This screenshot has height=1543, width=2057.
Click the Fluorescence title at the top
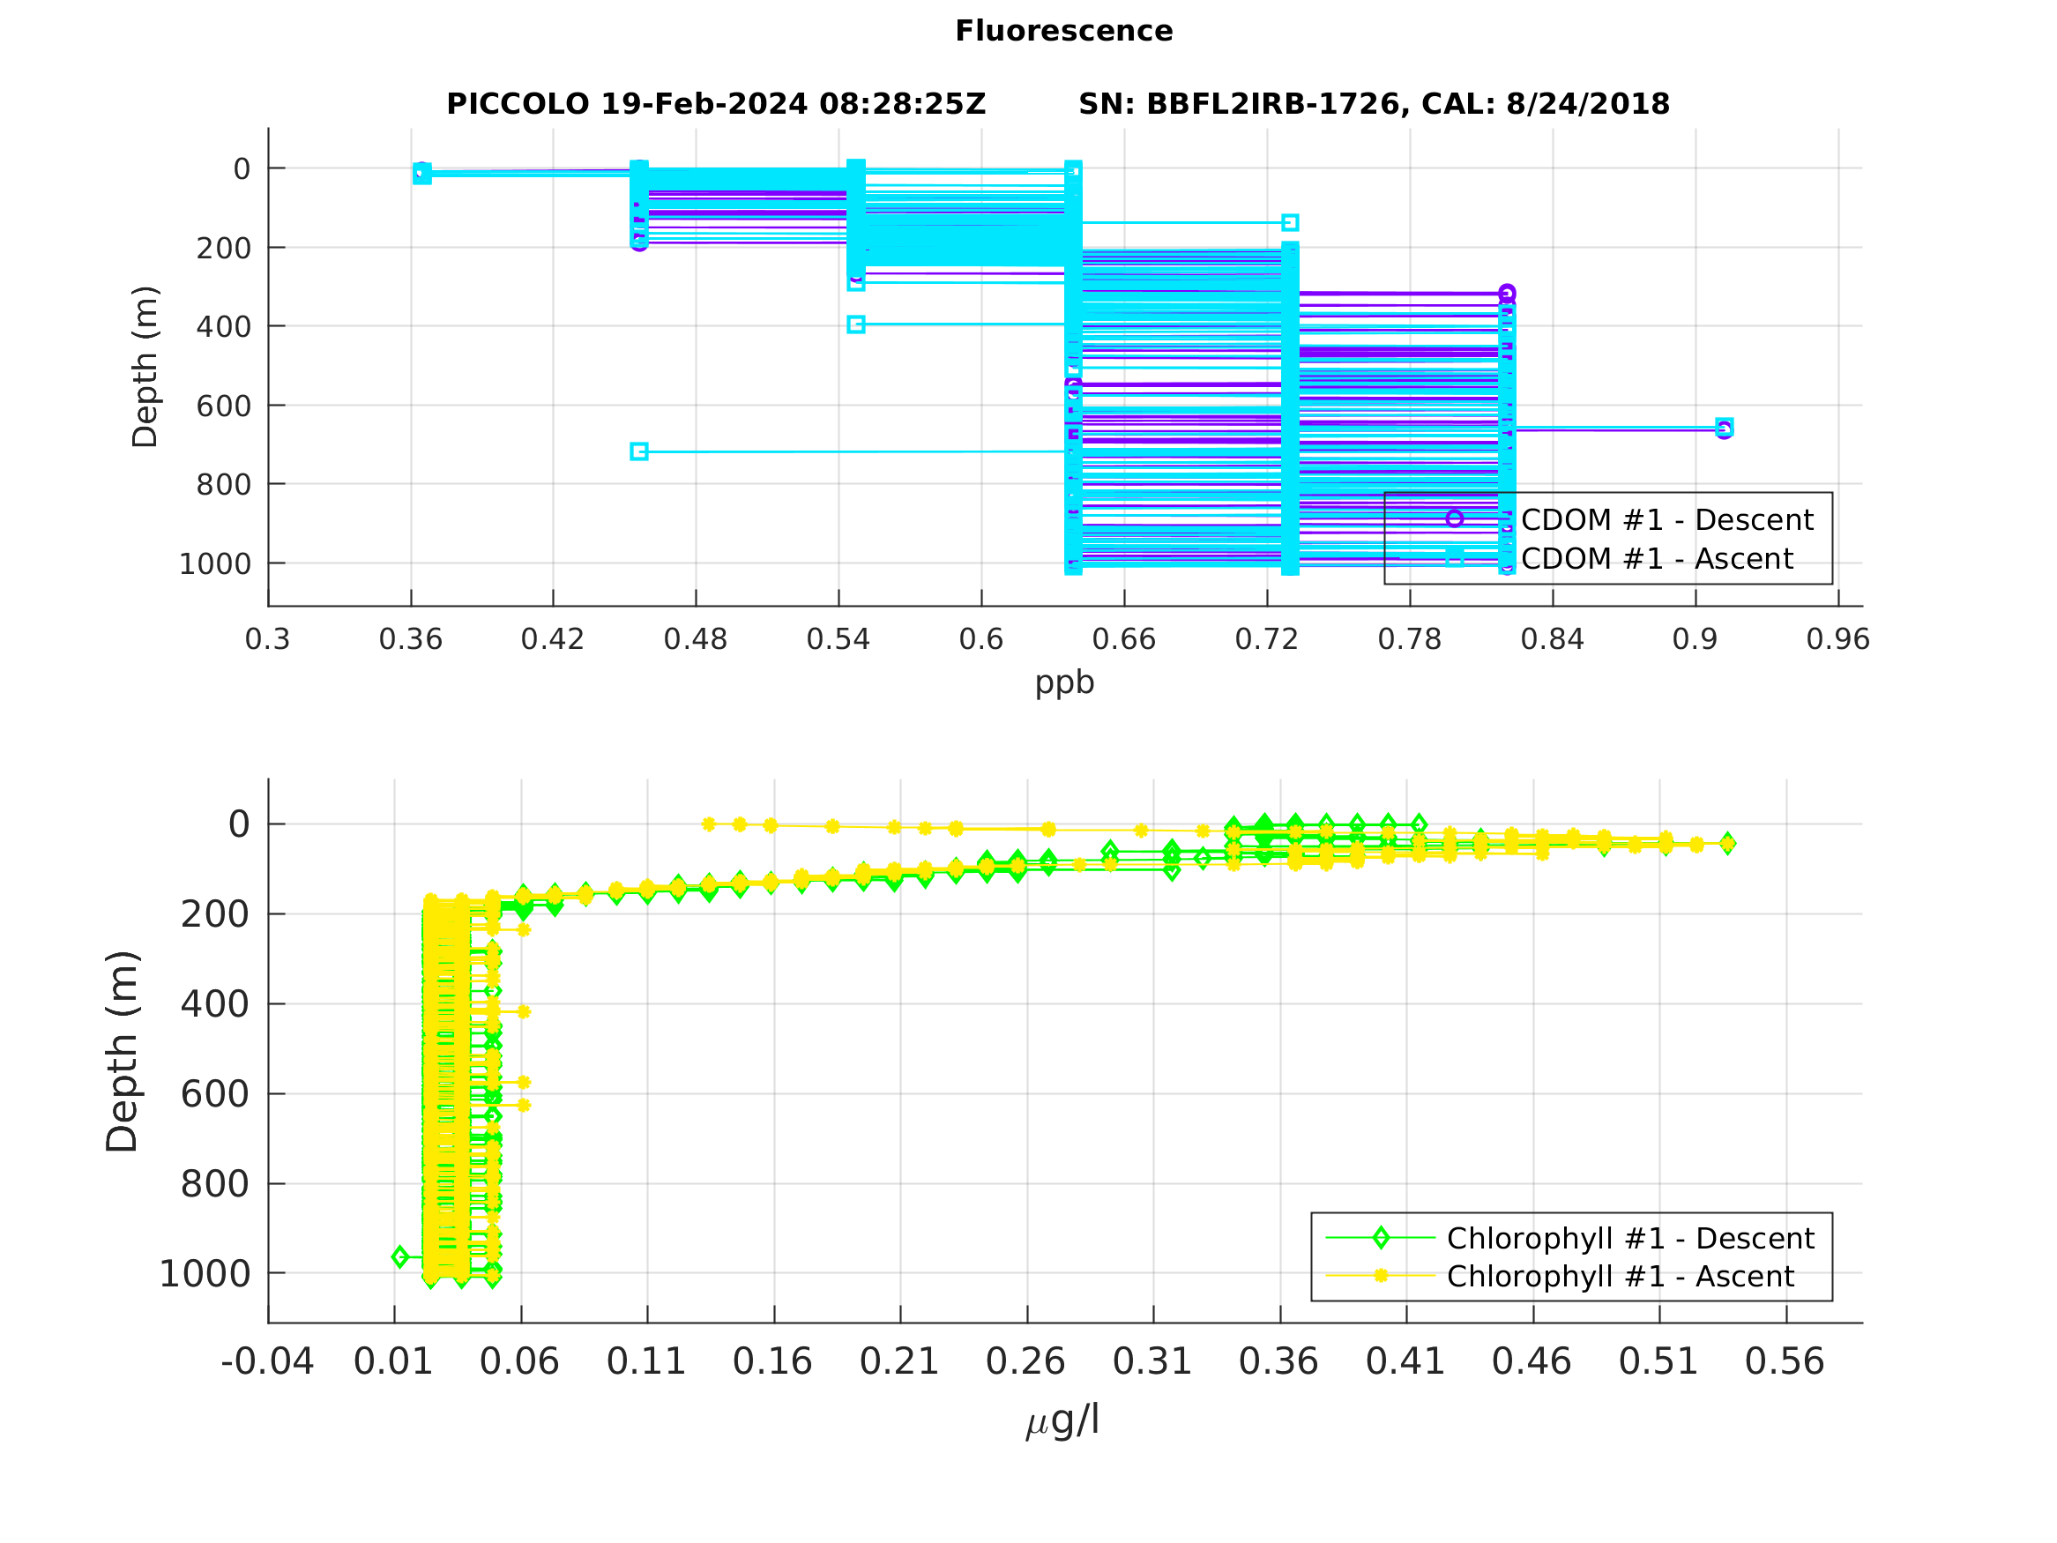(x=1064, y=31)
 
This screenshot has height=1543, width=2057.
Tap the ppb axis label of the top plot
(x=1064, y=682)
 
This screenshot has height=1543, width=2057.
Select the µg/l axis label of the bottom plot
(x=1063, y=1420)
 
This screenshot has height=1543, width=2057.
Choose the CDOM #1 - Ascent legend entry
(x=1656, y=559)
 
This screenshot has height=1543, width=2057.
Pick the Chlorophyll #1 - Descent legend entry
(x=1630, y=1239)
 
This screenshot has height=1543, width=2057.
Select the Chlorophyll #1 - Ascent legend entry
(x=1620, y=1277)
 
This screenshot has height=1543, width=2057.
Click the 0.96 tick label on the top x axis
(x=1837, y=640)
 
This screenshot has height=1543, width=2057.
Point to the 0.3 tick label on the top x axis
(x=268, y=640)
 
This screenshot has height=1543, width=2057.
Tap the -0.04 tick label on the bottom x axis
(x=268, y=1361)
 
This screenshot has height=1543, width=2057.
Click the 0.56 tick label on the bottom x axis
(x=1785, y=1361)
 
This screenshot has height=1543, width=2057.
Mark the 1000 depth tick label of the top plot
(x=215, y=564)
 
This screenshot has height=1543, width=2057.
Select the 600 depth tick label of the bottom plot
(x=215, y=1095)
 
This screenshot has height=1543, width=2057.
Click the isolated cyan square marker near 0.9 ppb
(x=1724, y=427)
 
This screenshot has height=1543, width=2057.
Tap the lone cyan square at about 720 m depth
(x=639, y=452)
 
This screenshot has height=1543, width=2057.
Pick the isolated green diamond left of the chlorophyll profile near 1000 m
(x=401, y=1257)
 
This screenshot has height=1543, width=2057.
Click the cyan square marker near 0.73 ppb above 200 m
(x=1290, y=223)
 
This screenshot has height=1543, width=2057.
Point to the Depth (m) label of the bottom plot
(x=122, y=1051)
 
